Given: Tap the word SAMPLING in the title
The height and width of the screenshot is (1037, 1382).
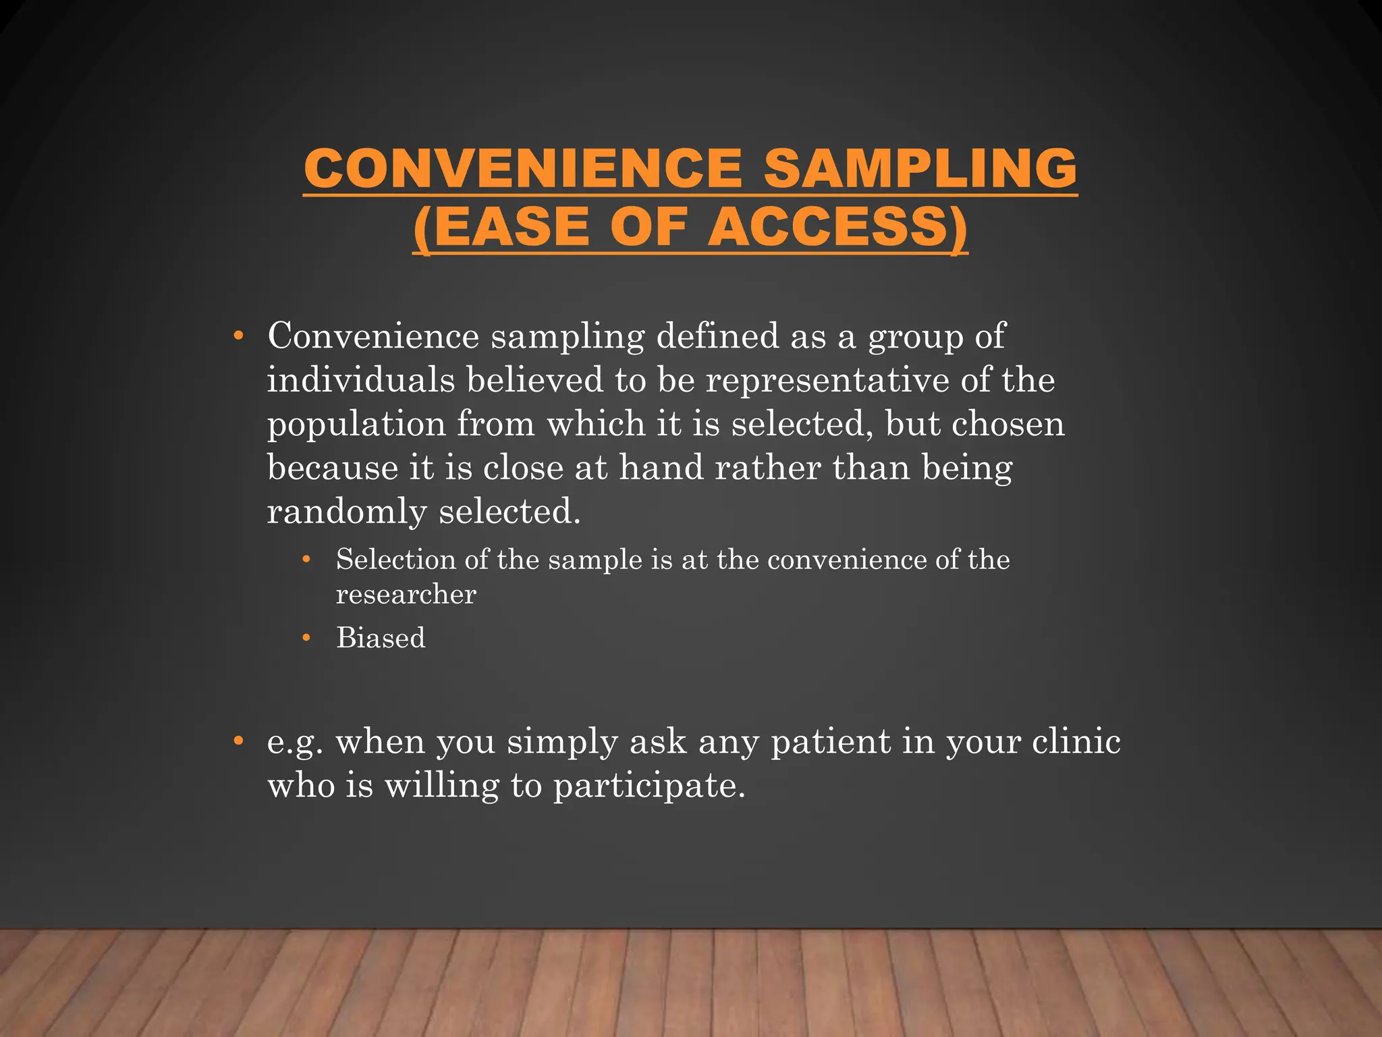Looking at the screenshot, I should tap(920, 168).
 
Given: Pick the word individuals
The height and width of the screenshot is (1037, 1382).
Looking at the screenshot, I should tap(361, 379).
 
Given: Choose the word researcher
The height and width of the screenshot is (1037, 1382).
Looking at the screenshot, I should tap(406, 594).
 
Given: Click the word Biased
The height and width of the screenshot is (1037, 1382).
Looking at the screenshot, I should tap(381, 638).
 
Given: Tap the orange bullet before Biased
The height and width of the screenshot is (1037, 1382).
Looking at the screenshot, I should tap(306, 638).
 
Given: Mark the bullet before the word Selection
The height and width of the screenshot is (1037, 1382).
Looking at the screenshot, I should tap(306, 560).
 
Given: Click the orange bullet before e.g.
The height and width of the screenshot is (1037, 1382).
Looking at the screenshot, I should tap(238, 741).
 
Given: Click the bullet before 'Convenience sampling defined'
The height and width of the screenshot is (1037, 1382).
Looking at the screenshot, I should tap(238, 336).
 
